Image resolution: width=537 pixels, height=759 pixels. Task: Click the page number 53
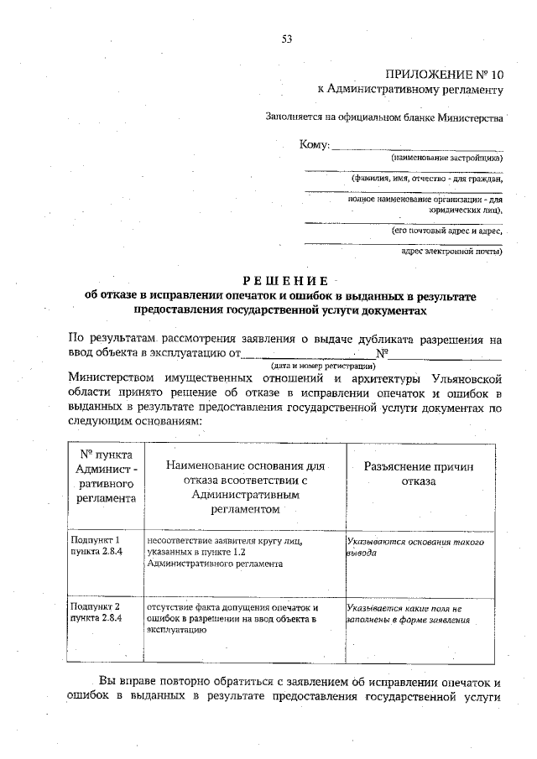[x=286, y=39]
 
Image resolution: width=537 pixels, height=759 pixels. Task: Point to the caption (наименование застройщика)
[x=446, y=158]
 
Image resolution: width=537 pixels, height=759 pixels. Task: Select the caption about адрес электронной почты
[x=451, y=251]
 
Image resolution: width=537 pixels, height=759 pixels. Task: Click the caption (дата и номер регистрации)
[x=321, y=367]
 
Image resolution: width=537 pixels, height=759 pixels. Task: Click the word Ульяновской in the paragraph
[x=461, y=378]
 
